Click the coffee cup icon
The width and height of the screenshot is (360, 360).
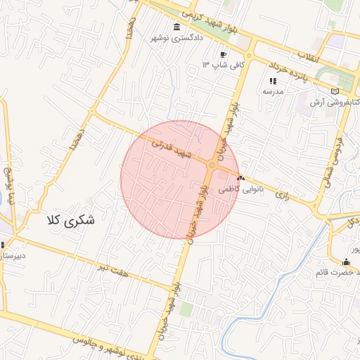pyautogui.click(x=223, y=54)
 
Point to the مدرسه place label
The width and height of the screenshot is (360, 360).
pyautogui.click(x=273, y=91)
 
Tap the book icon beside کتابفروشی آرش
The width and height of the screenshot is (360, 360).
pyautogui.click(x=334, y=91)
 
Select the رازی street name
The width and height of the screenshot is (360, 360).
pyautogui.click(x=283, y=191)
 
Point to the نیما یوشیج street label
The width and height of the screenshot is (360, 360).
pyautogui.click(x=10, y=186)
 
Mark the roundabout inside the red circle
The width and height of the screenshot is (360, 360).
pyautogui.click(x=211, y=165)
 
